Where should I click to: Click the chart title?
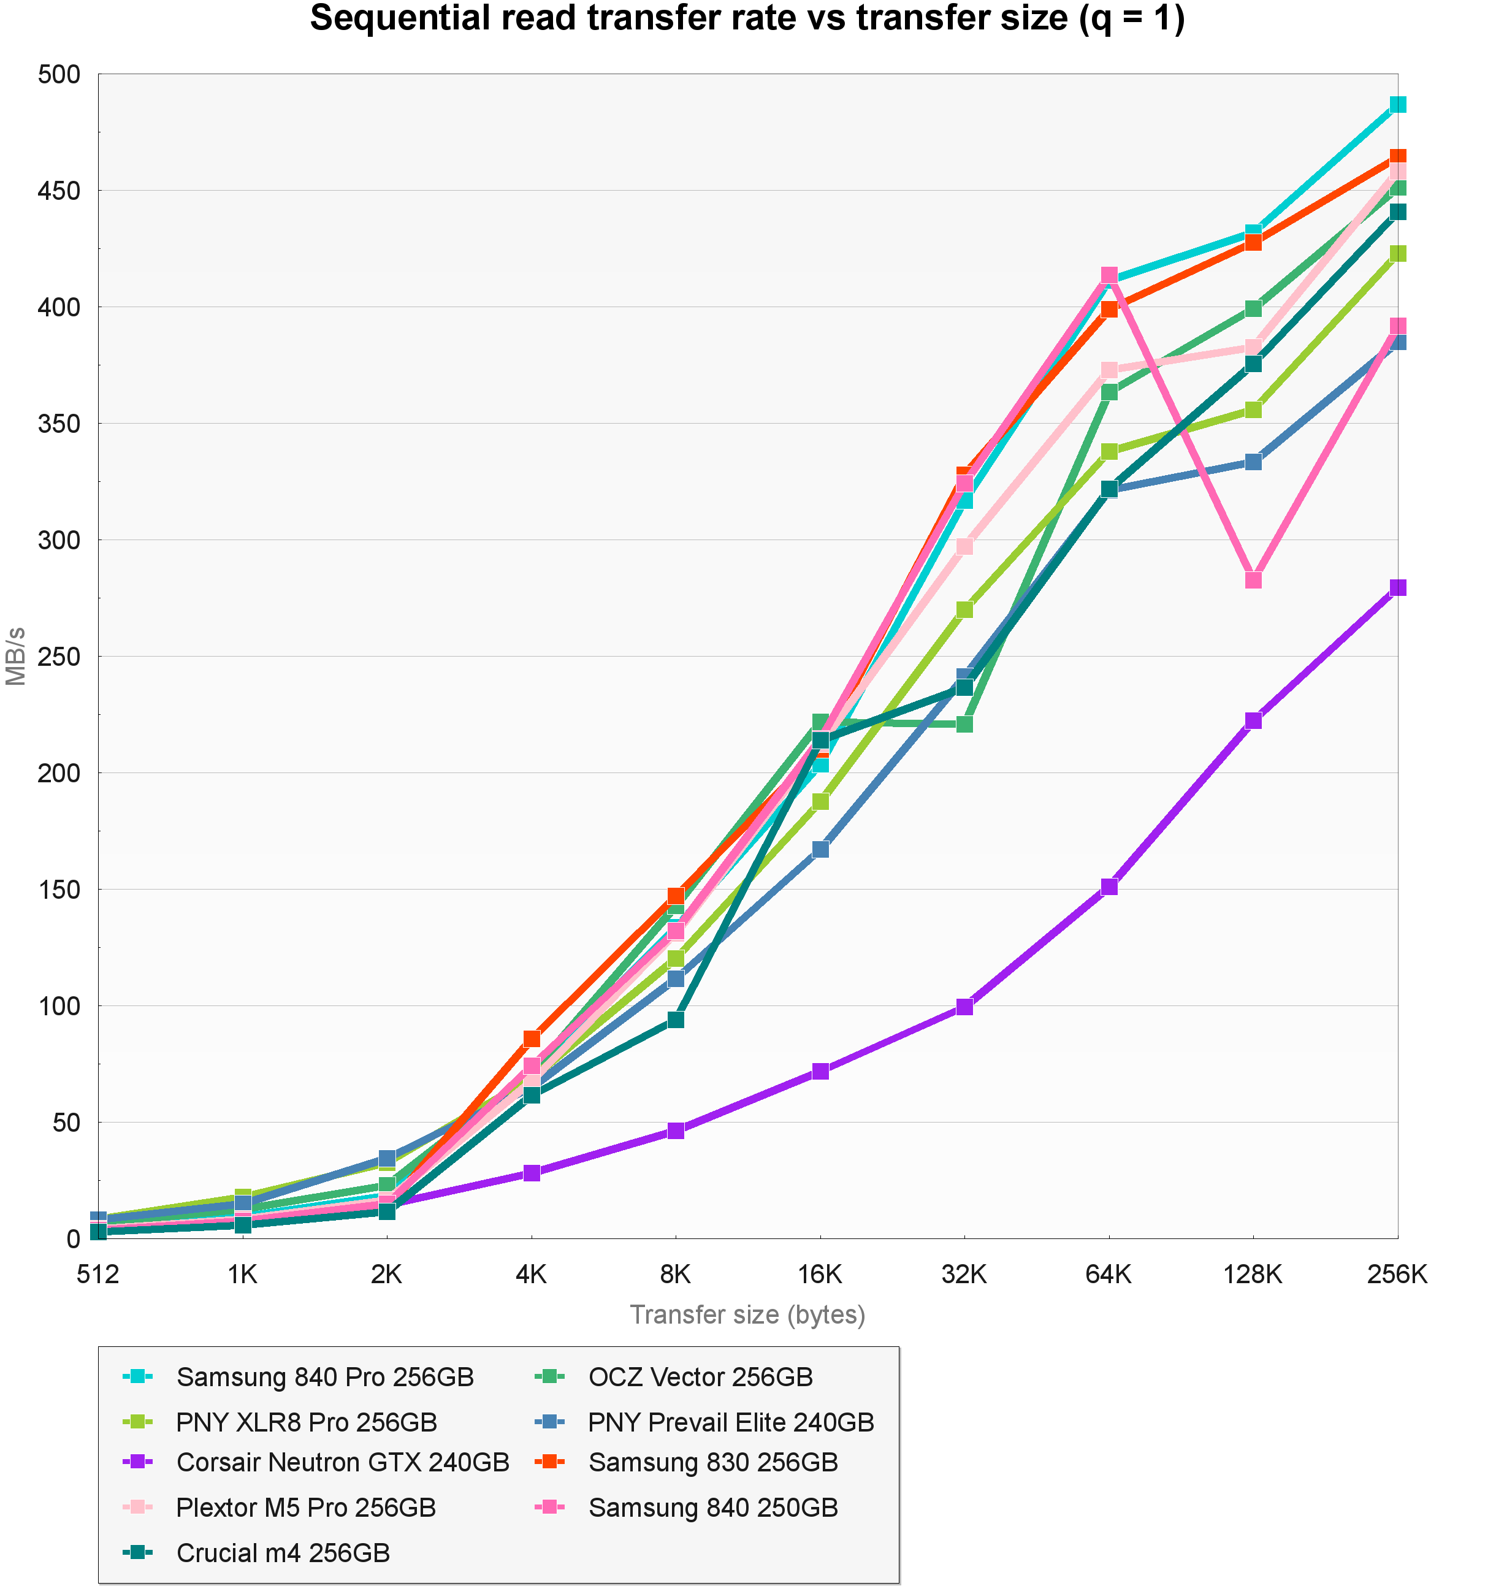coord(747,19)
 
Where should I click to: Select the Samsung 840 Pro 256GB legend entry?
coord(325,1378)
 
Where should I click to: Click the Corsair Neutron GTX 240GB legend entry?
coord(342,1463)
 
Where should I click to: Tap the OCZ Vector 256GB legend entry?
coord(700,1378)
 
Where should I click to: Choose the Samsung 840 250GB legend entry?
coord(712,1508)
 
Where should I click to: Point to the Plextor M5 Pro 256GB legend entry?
coord(305,1508)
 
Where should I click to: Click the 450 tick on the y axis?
coord(59,191)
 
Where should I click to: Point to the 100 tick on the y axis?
coord(59,1006)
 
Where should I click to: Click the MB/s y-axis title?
coord(16,656)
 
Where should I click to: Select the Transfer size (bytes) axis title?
coord(747,1316)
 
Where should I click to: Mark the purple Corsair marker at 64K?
coord(1109,887)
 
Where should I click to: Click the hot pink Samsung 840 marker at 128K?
coord(1254,580)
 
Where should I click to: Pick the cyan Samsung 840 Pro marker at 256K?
coord(1397,105)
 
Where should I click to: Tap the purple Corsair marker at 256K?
coord(1397,588)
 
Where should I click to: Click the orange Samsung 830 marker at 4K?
coord(532,1039)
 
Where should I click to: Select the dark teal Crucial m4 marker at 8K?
coord(676,1020)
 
